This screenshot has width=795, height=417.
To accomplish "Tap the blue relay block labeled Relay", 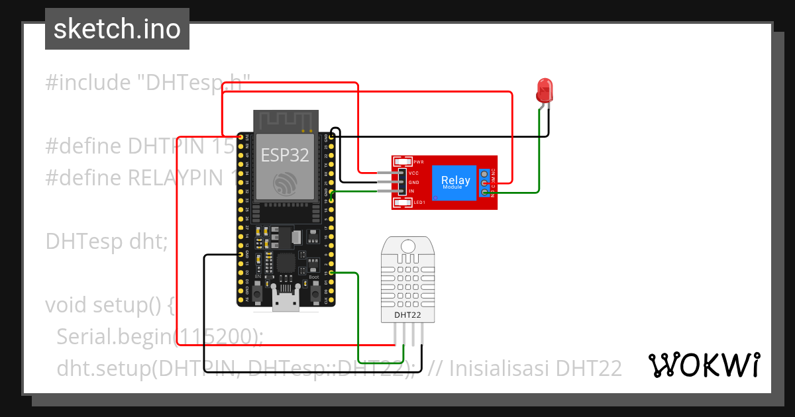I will pos(455,182).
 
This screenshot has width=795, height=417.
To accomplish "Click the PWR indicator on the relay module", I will pos(403,162).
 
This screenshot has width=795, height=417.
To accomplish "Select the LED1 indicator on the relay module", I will pos(403,203).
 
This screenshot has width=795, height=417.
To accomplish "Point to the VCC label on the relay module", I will pos(414,172).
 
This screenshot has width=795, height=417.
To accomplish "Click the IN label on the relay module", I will pos(411,191).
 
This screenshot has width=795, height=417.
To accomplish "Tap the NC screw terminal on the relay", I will pos(485,173).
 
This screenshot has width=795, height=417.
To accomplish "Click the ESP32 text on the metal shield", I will pos(284,156).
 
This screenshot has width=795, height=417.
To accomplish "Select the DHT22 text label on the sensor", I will pos(407,315).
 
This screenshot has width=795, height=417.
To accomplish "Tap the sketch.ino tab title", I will pos(117,29).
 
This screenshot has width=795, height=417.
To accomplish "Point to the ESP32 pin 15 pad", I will pos(331,272).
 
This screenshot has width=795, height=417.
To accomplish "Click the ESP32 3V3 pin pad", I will pos(240,137).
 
